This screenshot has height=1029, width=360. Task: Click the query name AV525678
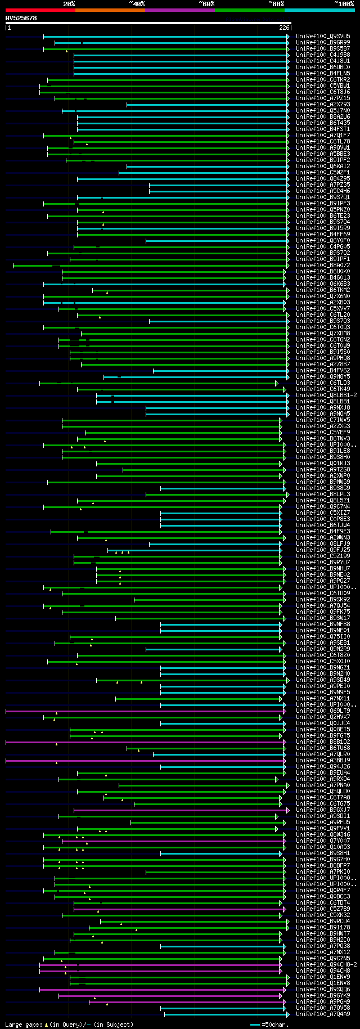pyautogui.click(x=21, y=18)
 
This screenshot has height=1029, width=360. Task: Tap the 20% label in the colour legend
pyautogui.click(x=69, y=4)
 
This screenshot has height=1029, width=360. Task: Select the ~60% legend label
pyautogui.click(x=206, y=4)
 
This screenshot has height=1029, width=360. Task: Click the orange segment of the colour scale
pyautogui.click(x=110, y=10)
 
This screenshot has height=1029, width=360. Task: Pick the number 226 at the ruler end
pyautogui.click(x=283, y=28)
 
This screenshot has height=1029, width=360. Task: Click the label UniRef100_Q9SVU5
pyautogui.click(x=323, y=37)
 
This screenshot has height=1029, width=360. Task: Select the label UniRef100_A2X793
pyautogui.click(x=323, y=105)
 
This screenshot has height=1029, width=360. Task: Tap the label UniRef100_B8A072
pyautogui.click(x=323, y=266)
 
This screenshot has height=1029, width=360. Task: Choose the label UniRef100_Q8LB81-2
pyautogui.click(x=326, y=396)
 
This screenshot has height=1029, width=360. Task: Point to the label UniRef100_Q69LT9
pyautogui.click(x=323, y=711)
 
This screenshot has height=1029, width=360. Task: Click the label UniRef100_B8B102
pyautogui.click(x=323, y=742)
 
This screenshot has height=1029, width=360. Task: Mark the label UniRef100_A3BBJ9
pyautogui.click(x=323, y=761)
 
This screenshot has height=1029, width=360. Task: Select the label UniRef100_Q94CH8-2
pyautogui.click(x=326, y=964)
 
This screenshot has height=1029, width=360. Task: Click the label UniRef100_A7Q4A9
pyautogui.click(x=323, y=1014)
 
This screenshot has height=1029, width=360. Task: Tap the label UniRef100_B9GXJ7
pyautogui.click(x=323, y=810)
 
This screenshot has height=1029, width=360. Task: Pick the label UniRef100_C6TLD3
pyautogui.click(x=323, y=383)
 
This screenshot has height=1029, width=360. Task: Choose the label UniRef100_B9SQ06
pyautogui.click(x=323, y=989)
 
